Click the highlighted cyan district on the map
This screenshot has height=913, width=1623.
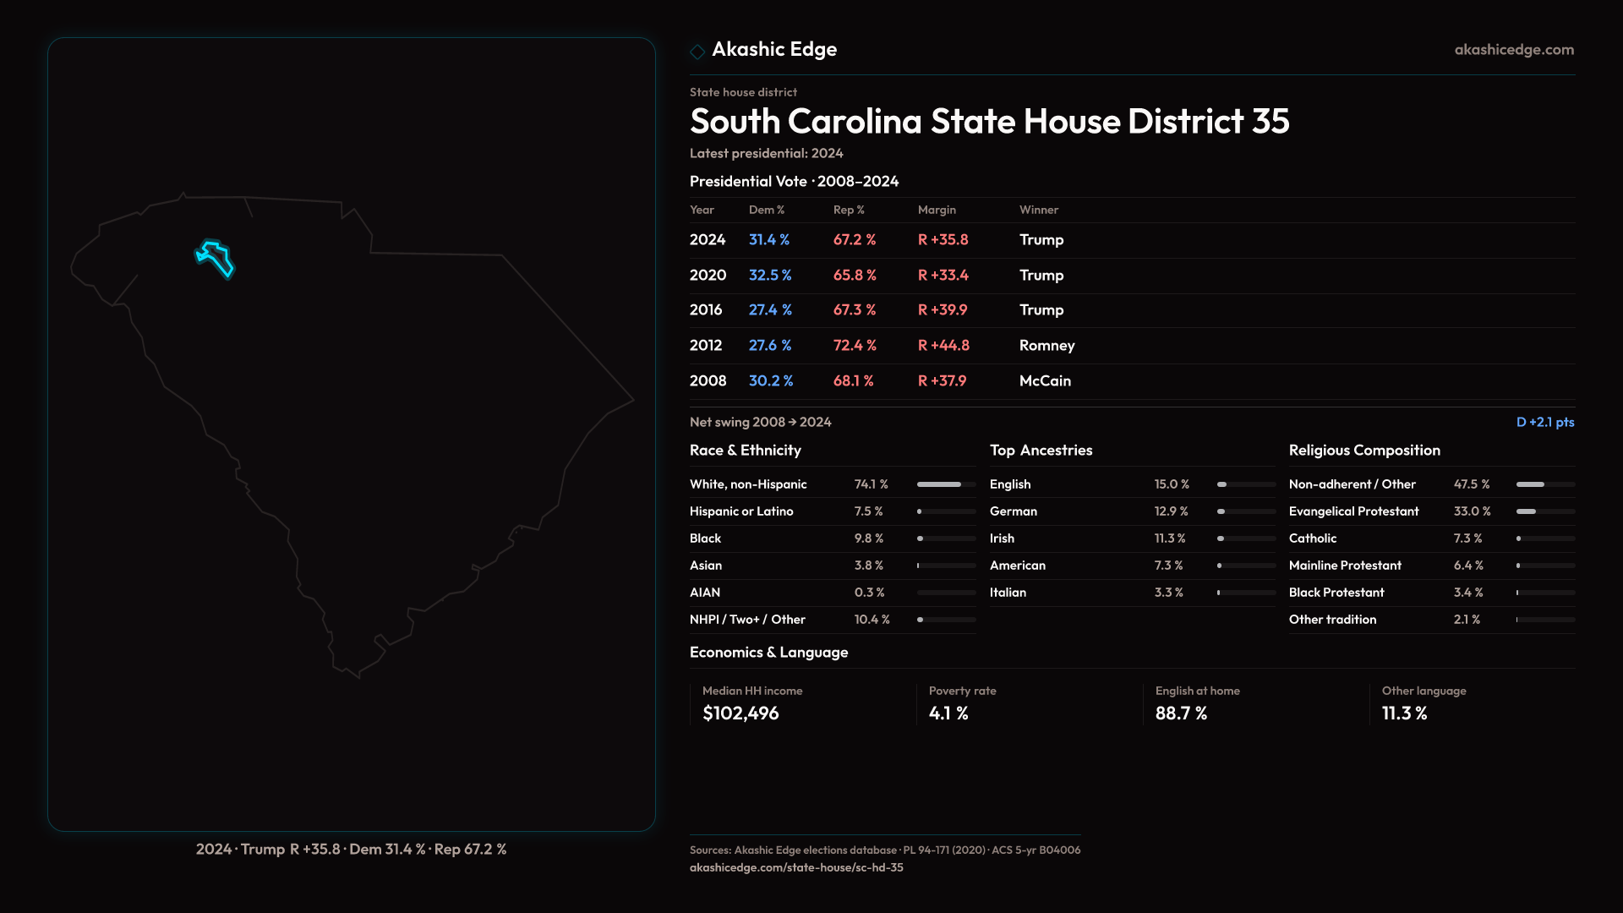(216, 257)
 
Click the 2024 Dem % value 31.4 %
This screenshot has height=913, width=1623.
(769, 240)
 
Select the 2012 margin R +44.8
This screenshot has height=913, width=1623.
(943, 346)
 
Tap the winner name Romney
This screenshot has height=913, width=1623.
(1046, 346)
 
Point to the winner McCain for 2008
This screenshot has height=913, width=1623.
(1045, 381)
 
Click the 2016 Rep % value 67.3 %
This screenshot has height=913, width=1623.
(855, 310)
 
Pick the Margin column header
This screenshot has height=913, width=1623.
(937, 210)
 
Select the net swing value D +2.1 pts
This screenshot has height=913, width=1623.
(1544, 422)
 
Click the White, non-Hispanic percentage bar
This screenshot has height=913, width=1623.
(946, 484)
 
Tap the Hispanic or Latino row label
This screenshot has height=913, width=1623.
(741, 511)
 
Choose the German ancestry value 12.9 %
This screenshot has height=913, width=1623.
(1171, 511)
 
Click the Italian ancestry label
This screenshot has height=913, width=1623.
(1008, 593)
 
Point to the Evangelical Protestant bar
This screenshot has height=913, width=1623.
(1545, 511)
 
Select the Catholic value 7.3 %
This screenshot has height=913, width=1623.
(1467, 539)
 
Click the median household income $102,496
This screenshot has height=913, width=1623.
(740, 713)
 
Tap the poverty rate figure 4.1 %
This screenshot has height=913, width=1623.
(948, 713)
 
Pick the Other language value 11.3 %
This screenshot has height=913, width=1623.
(1404, 713)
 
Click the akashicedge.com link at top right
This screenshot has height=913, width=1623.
(1514, 50)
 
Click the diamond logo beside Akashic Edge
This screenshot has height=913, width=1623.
(697, 52)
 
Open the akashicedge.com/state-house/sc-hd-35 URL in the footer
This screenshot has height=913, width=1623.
(796, 867)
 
